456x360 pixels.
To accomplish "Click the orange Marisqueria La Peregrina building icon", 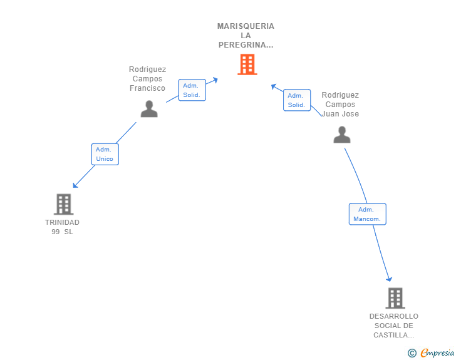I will pos(247,64).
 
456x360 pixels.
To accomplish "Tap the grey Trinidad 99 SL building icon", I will pos(63,204).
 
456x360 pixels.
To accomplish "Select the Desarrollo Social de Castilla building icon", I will pos(395,298).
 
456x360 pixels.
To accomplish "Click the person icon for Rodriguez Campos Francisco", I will pos(149,109).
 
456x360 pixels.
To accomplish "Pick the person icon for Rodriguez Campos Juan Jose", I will pos(341,135).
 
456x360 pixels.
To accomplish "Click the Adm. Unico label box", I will pos(105,154).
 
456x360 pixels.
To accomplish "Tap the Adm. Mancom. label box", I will pos(367,214).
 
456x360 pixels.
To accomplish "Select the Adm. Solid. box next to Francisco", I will pos(192,90).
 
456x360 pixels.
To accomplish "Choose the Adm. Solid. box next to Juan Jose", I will pos(296,100).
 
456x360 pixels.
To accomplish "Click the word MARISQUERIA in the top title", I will pos(246,26).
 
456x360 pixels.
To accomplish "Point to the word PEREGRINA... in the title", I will pos(246,45).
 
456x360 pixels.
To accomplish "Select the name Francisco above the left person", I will pos(147,88).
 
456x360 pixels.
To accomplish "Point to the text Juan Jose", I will pos(341,114).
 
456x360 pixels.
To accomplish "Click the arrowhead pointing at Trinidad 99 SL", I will pos(75,185).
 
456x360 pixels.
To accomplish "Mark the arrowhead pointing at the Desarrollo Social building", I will pos(390,279).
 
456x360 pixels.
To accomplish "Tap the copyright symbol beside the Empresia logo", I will pos(412,353).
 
